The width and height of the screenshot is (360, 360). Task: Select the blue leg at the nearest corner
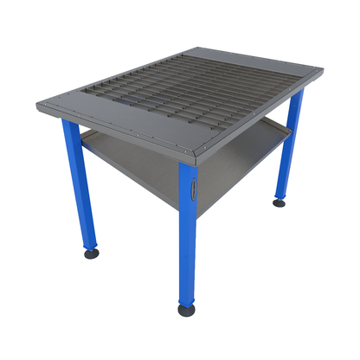[x=188, y=234]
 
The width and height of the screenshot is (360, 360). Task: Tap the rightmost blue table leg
[x=288, y=147]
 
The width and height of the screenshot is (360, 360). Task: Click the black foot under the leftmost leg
[x=91, y=254]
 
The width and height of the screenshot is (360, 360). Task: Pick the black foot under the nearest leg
[x=186, y=309]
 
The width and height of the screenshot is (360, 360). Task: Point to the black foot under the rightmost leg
[x=280, y=203]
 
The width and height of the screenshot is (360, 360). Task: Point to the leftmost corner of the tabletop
[x=37, y=106]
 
